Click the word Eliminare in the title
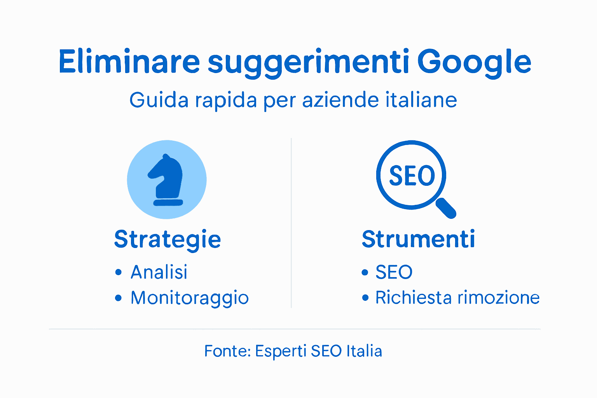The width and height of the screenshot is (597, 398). tap(129, 62)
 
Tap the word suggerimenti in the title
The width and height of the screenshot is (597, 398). tap(308, 63)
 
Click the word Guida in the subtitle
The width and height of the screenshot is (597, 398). tap(159, 100)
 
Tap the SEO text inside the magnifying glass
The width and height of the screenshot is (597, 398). tap(412, 176)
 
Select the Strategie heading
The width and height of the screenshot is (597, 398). tap(168, 239)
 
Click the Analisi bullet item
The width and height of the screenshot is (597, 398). tap(159, 272)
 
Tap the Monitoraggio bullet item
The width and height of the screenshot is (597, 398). tap(190, 298)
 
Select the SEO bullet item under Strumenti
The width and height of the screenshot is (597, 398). tap(394, 272)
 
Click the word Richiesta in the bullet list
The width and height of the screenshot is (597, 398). tap(414, 298)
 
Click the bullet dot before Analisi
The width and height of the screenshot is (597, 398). tap(119, 272)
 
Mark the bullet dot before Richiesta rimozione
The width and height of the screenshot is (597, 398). tap(365, 298)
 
